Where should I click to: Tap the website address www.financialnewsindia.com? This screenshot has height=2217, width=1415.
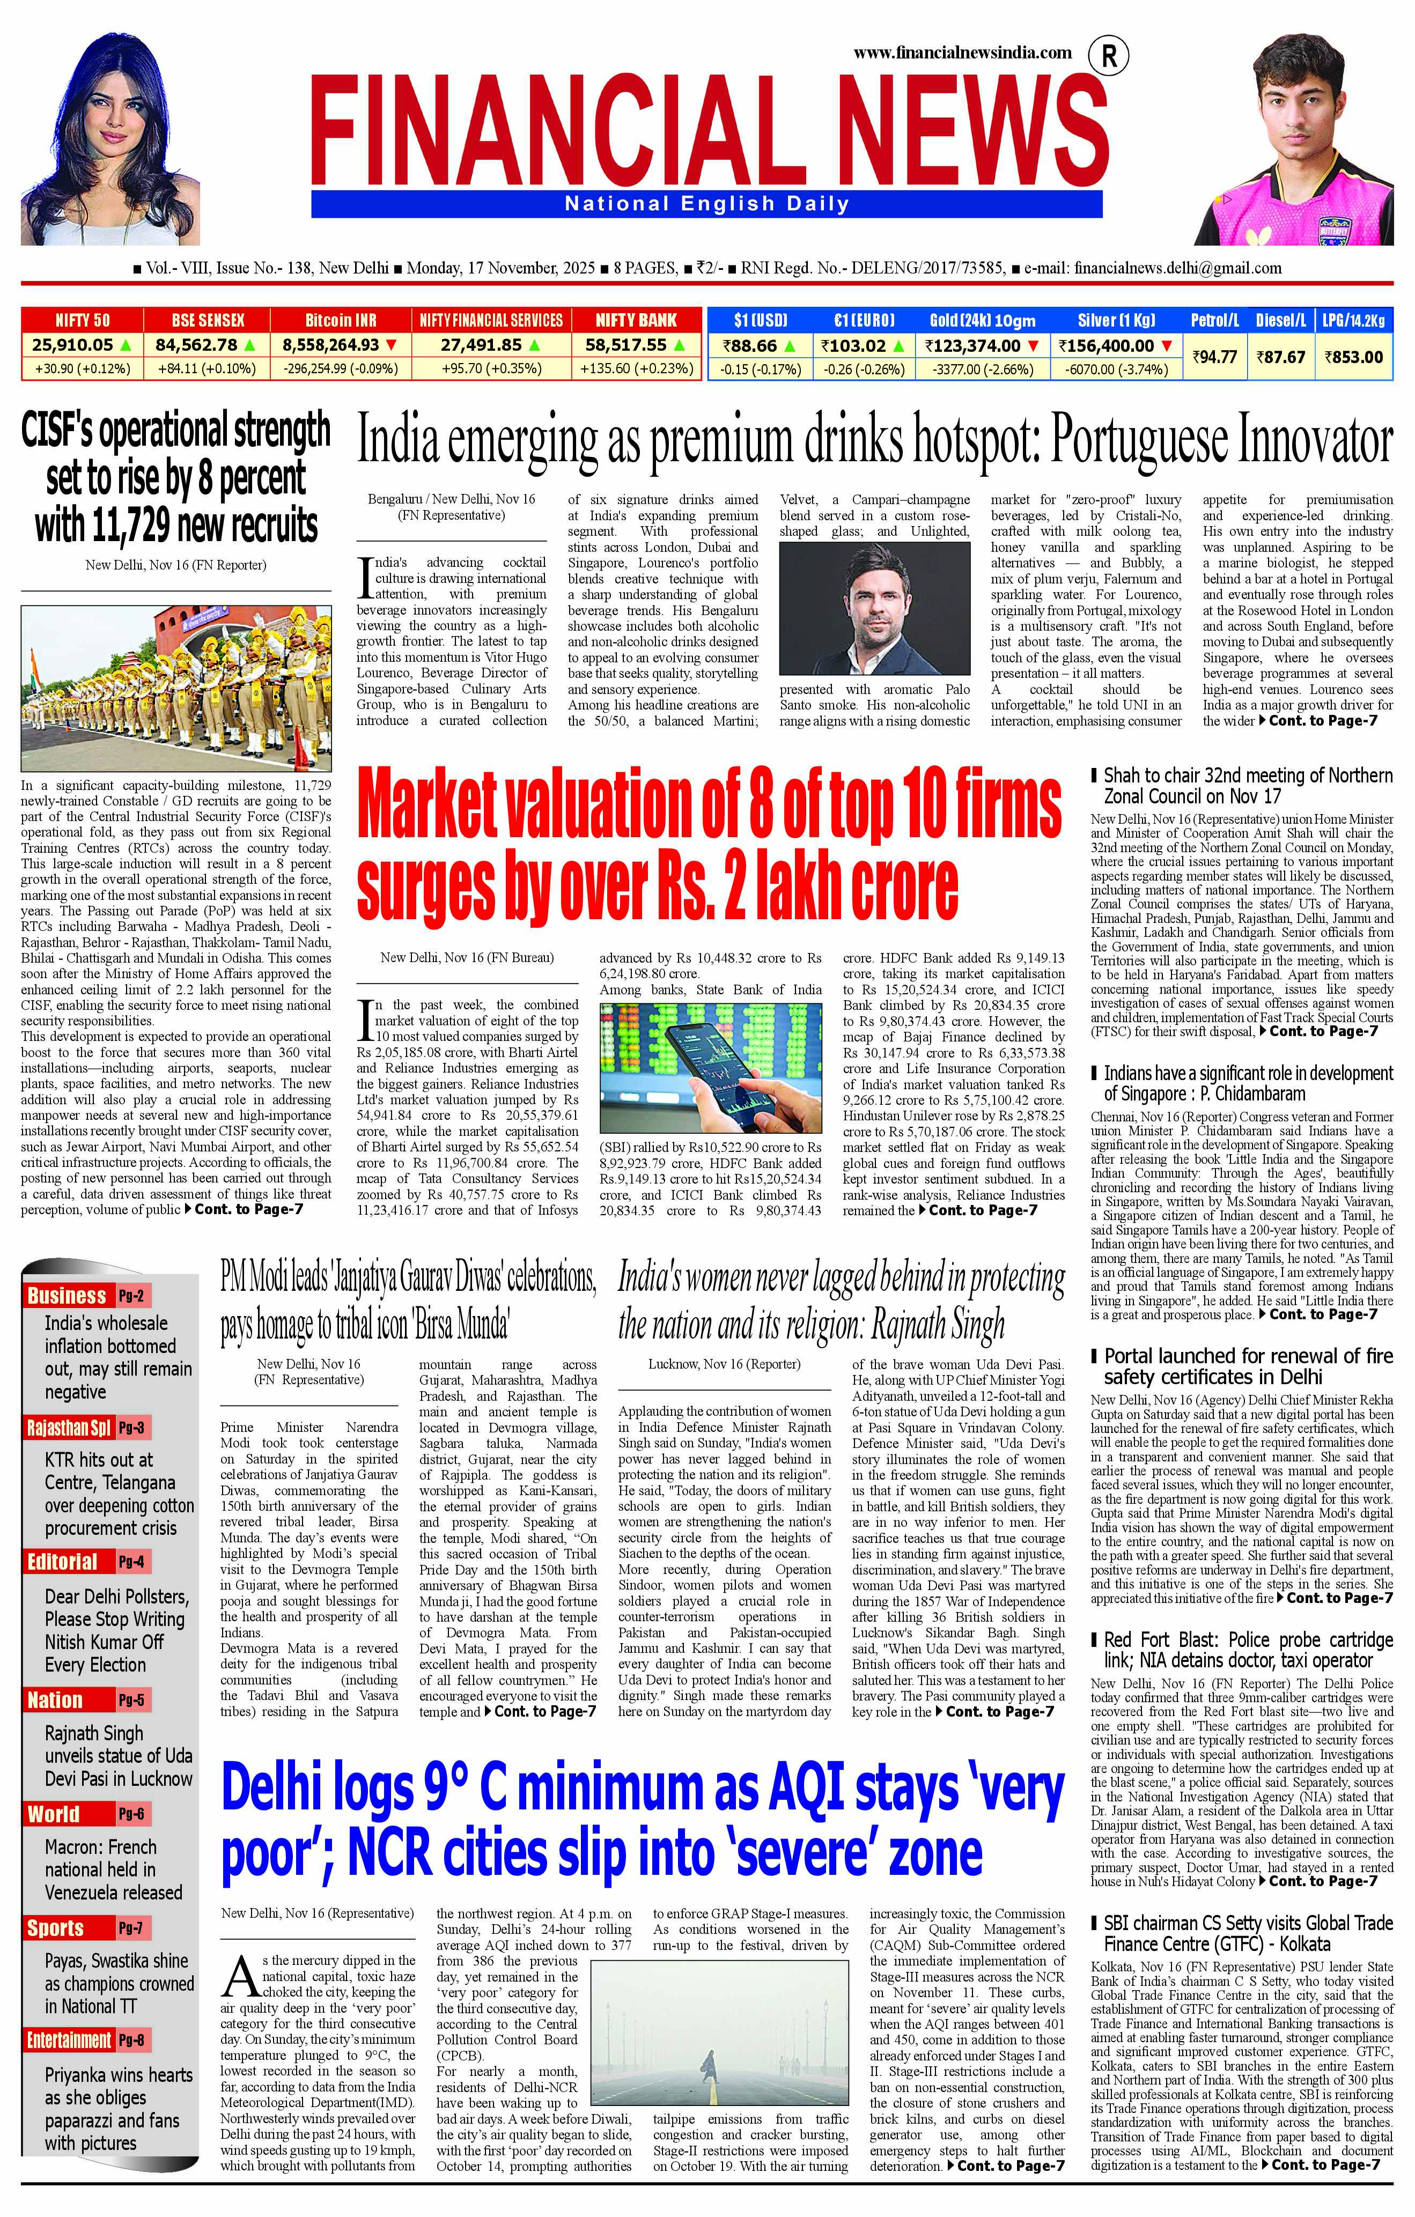(962, 53)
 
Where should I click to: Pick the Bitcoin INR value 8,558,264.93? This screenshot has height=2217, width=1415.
(331, 345)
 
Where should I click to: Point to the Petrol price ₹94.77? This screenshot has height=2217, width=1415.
(1214, 356)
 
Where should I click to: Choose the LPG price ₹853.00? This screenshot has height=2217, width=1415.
(1353, 356)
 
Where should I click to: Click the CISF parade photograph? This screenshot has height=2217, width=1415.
(176, 687)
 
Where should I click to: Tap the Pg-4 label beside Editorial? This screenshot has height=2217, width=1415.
(131, 1562)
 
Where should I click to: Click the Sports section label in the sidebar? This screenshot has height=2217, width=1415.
(55, 1928)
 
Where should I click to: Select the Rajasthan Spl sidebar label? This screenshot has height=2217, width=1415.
(69, 1428)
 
